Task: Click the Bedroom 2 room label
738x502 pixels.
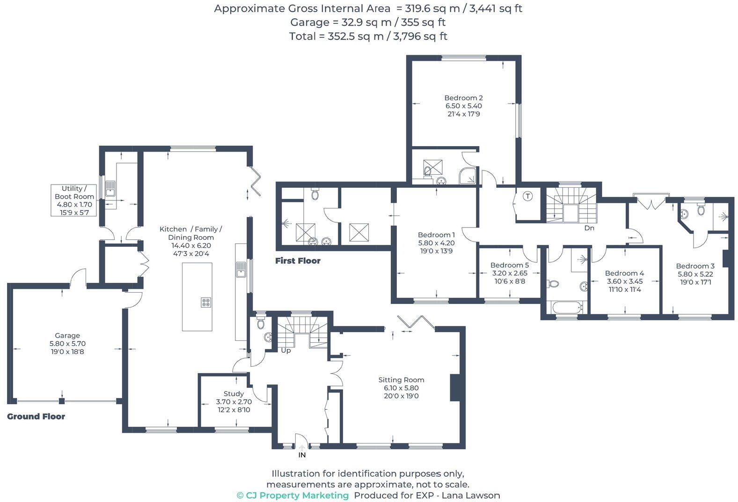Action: [463, 98]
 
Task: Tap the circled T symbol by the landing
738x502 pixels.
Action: [527, 196]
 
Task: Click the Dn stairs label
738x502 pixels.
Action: [589, 228]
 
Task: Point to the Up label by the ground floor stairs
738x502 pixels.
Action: [285, 350]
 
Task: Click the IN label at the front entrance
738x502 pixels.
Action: [302, 455]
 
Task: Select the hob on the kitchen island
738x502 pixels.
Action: [206, 303]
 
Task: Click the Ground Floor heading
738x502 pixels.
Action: [36, 416]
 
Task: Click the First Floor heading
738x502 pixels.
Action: [298, 261]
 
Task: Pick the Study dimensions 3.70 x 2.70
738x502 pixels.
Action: [234, 402]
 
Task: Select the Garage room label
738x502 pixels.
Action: [67, 335]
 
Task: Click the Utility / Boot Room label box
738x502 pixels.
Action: [74, 200]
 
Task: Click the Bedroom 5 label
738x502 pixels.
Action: [509, 265]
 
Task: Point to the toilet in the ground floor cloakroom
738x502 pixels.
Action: [261, 323]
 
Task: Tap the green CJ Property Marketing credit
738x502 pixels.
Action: [293, 495]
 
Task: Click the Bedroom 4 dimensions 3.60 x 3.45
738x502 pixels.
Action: [624, 281]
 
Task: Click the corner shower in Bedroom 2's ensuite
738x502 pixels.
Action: [468, 176]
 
